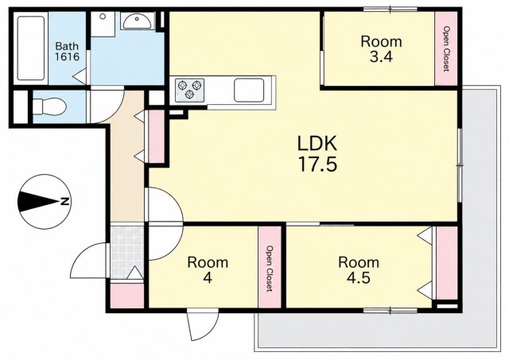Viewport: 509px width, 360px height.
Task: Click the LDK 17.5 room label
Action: (317, 153)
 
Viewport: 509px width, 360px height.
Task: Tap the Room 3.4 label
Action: (381, 49)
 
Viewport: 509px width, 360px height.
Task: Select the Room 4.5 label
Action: (359, 270)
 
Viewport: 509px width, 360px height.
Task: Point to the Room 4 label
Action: (208, 270)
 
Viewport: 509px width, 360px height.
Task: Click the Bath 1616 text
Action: (67, 51)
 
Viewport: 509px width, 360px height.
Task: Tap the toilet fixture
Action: (49, 106)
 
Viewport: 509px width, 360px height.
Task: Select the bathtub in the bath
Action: (31, 48)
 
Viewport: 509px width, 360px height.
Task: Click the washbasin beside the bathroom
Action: (136, 21)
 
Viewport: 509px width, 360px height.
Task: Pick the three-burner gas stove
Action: (189, 90)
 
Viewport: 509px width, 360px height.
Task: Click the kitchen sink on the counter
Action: (249, 90)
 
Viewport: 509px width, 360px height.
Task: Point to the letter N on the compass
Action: (65, 201)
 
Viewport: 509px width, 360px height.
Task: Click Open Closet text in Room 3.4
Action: (447, 49)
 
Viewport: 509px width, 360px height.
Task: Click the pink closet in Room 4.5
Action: (447, 263)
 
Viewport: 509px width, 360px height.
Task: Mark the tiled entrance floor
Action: (127, 252)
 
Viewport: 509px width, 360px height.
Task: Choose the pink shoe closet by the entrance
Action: (127, 296)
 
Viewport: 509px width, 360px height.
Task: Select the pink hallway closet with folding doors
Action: (156, 136)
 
